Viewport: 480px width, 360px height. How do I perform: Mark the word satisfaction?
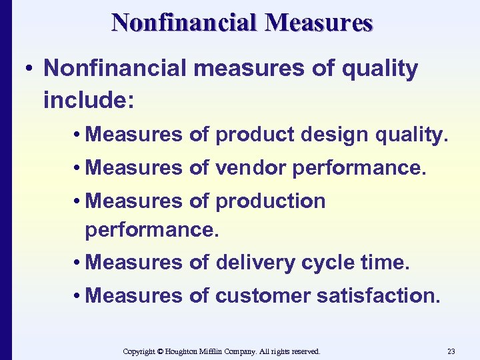(378, 295)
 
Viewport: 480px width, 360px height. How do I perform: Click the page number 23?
(451, 351)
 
